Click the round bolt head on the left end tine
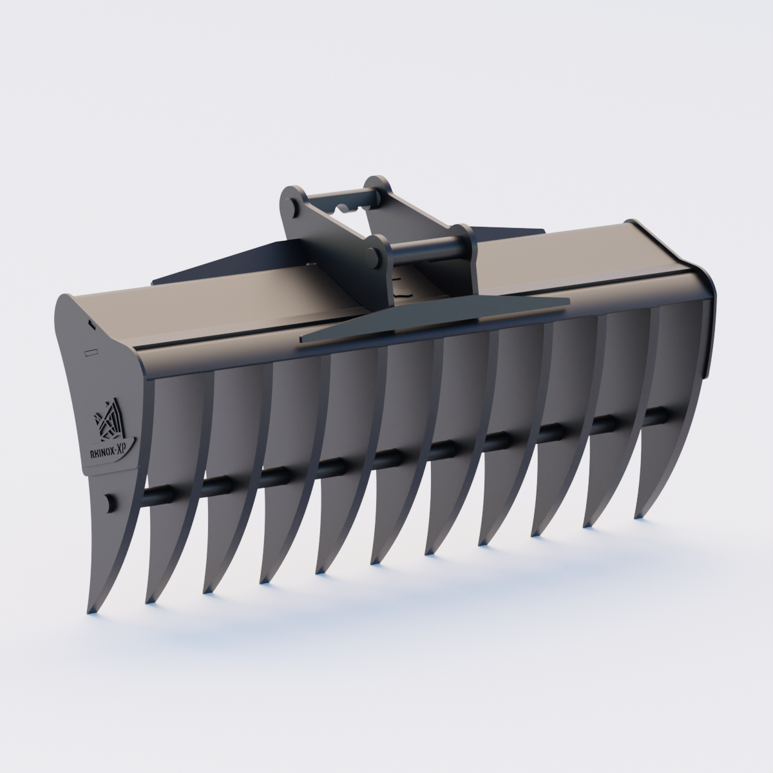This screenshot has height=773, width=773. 110,502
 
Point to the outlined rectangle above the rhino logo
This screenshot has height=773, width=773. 91,352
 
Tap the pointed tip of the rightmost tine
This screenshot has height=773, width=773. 638,515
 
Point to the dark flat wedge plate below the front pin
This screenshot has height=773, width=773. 438,316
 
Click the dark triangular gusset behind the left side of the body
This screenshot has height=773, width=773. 213,264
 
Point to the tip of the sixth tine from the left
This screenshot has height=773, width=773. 374,560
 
